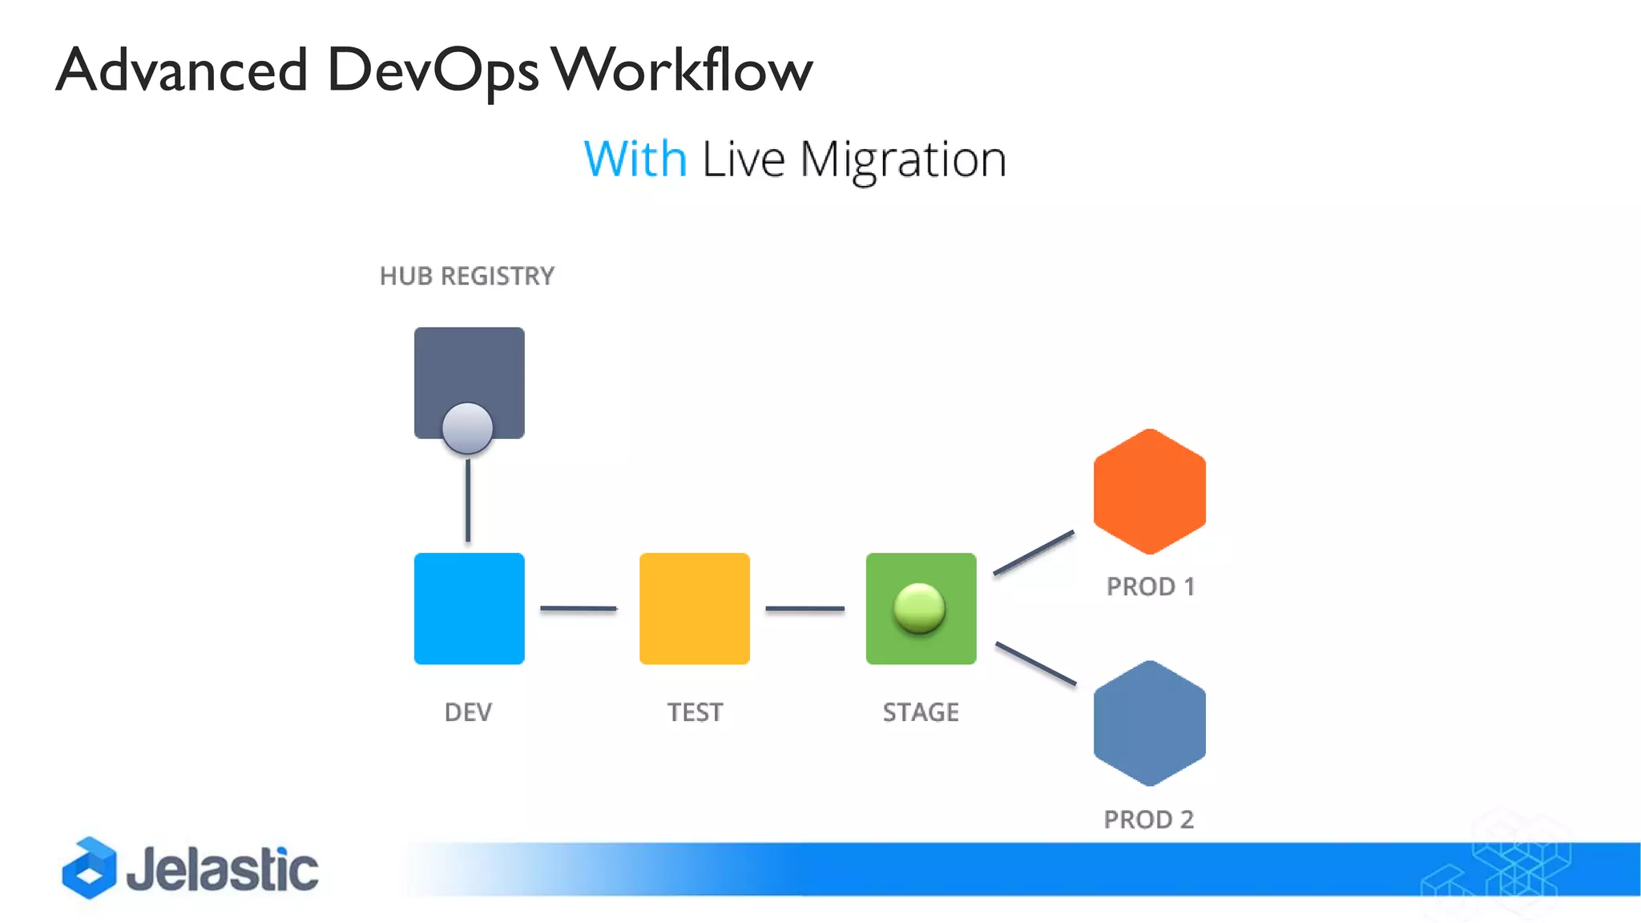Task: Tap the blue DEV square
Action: [469, 608]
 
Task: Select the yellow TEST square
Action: [694, 608]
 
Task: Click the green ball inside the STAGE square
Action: [919, 608]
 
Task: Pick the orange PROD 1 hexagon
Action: [1149, 491]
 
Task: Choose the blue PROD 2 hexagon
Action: [1149, 723]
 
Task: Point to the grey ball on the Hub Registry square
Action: [468, 428]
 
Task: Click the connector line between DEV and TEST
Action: [578, 609]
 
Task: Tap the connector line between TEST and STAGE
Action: [804, 609]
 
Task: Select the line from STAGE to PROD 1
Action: [1034, 552]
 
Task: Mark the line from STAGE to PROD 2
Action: [1035, 663]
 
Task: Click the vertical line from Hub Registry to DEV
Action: [468, 500]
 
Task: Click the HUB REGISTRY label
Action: [466, 276]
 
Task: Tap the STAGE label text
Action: [921, 712]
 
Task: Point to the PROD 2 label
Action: [1148, 820]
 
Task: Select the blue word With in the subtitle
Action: [635, 159]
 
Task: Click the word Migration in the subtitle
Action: [902, 160]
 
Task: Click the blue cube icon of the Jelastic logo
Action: [89, 868]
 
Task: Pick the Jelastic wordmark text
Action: [222, 869]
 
